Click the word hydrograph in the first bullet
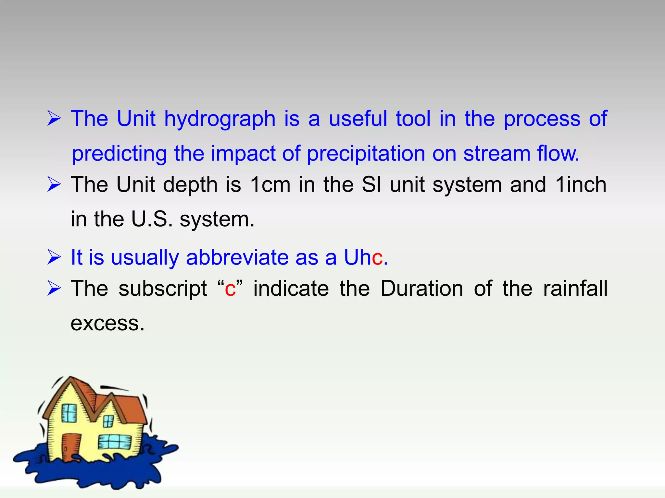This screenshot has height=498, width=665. point(220,119)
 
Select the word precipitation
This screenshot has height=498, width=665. point(366,154)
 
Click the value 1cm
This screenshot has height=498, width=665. point(270,185)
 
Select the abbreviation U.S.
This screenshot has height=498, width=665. point(152,219)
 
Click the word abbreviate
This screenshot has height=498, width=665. point(237,258)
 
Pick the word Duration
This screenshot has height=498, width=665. point(421,289)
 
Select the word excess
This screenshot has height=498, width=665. point(107,324)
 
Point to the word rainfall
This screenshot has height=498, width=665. point(575,289)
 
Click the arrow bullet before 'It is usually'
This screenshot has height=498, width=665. point(54,257)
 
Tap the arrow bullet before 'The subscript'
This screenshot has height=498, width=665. point(54,288)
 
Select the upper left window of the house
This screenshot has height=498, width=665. point(69,413)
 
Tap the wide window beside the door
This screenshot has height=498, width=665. point(115,441)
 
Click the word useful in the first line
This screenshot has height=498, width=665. point(358,119)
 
